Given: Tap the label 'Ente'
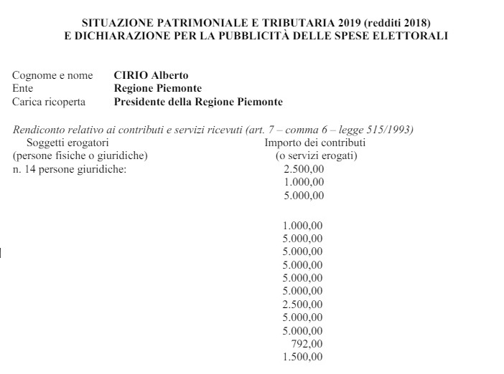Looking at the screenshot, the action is [x=23, y=88].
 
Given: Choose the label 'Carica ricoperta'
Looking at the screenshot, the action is [x=49, y=102].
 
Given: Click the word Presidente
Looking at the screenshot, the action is [x=142, y=102].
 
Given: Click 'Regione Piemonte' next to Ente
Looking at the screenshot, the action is [x=158, y=88].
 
